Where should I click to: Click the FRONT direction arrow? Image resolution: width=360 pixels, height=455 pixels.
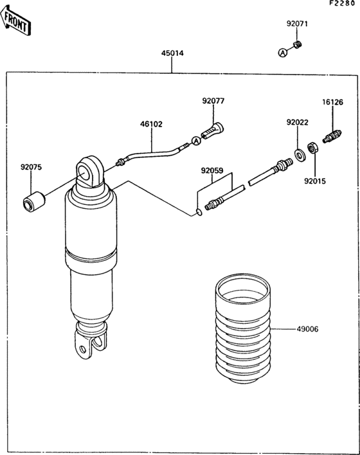(15, 21)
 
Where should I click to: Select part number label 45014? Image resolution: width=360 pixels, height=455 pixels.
(172, 53)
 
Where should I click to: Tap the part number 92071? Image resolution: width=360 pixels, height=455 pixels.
(297, 24)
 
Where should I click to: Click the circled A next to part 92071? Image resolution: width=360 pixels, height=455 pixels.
(282, 53)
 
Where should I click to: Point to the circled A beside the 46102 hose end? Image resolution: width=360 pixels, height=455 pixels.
(196, 141)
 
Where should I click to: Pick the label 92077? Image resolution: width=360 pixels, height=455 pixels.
(213, 101)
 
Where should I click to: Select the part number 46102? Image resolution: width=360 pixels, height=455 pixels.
(151, 124)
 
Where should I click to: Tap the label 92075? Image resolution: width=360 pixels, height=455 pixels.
(31, 167)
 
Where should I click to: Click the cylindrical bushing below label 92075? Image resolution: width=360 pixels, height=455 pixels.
(33, 201)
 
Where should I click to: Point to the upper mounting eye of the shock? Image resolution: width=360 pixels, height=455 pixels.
(89, 172)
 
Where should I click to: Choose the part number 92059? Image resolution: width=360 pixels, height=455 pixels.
(212, 171)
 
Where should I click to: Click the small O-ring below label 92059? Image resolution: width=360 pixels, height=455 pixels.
(199, 213)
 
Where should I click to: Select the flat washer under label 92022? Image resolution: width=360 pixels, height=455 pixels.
(300, 155)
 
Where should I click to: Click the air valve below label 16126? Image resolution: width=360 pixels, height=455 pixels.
(332, 136)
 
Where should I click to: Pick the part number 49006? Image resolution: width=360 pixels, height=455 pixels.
(307, 329)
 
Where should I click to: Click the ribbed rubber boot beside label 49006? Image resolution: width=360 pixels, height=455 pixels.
(243, 329)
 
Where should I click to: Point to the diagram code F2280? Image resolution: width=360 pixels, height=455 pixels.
(342, 3)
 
